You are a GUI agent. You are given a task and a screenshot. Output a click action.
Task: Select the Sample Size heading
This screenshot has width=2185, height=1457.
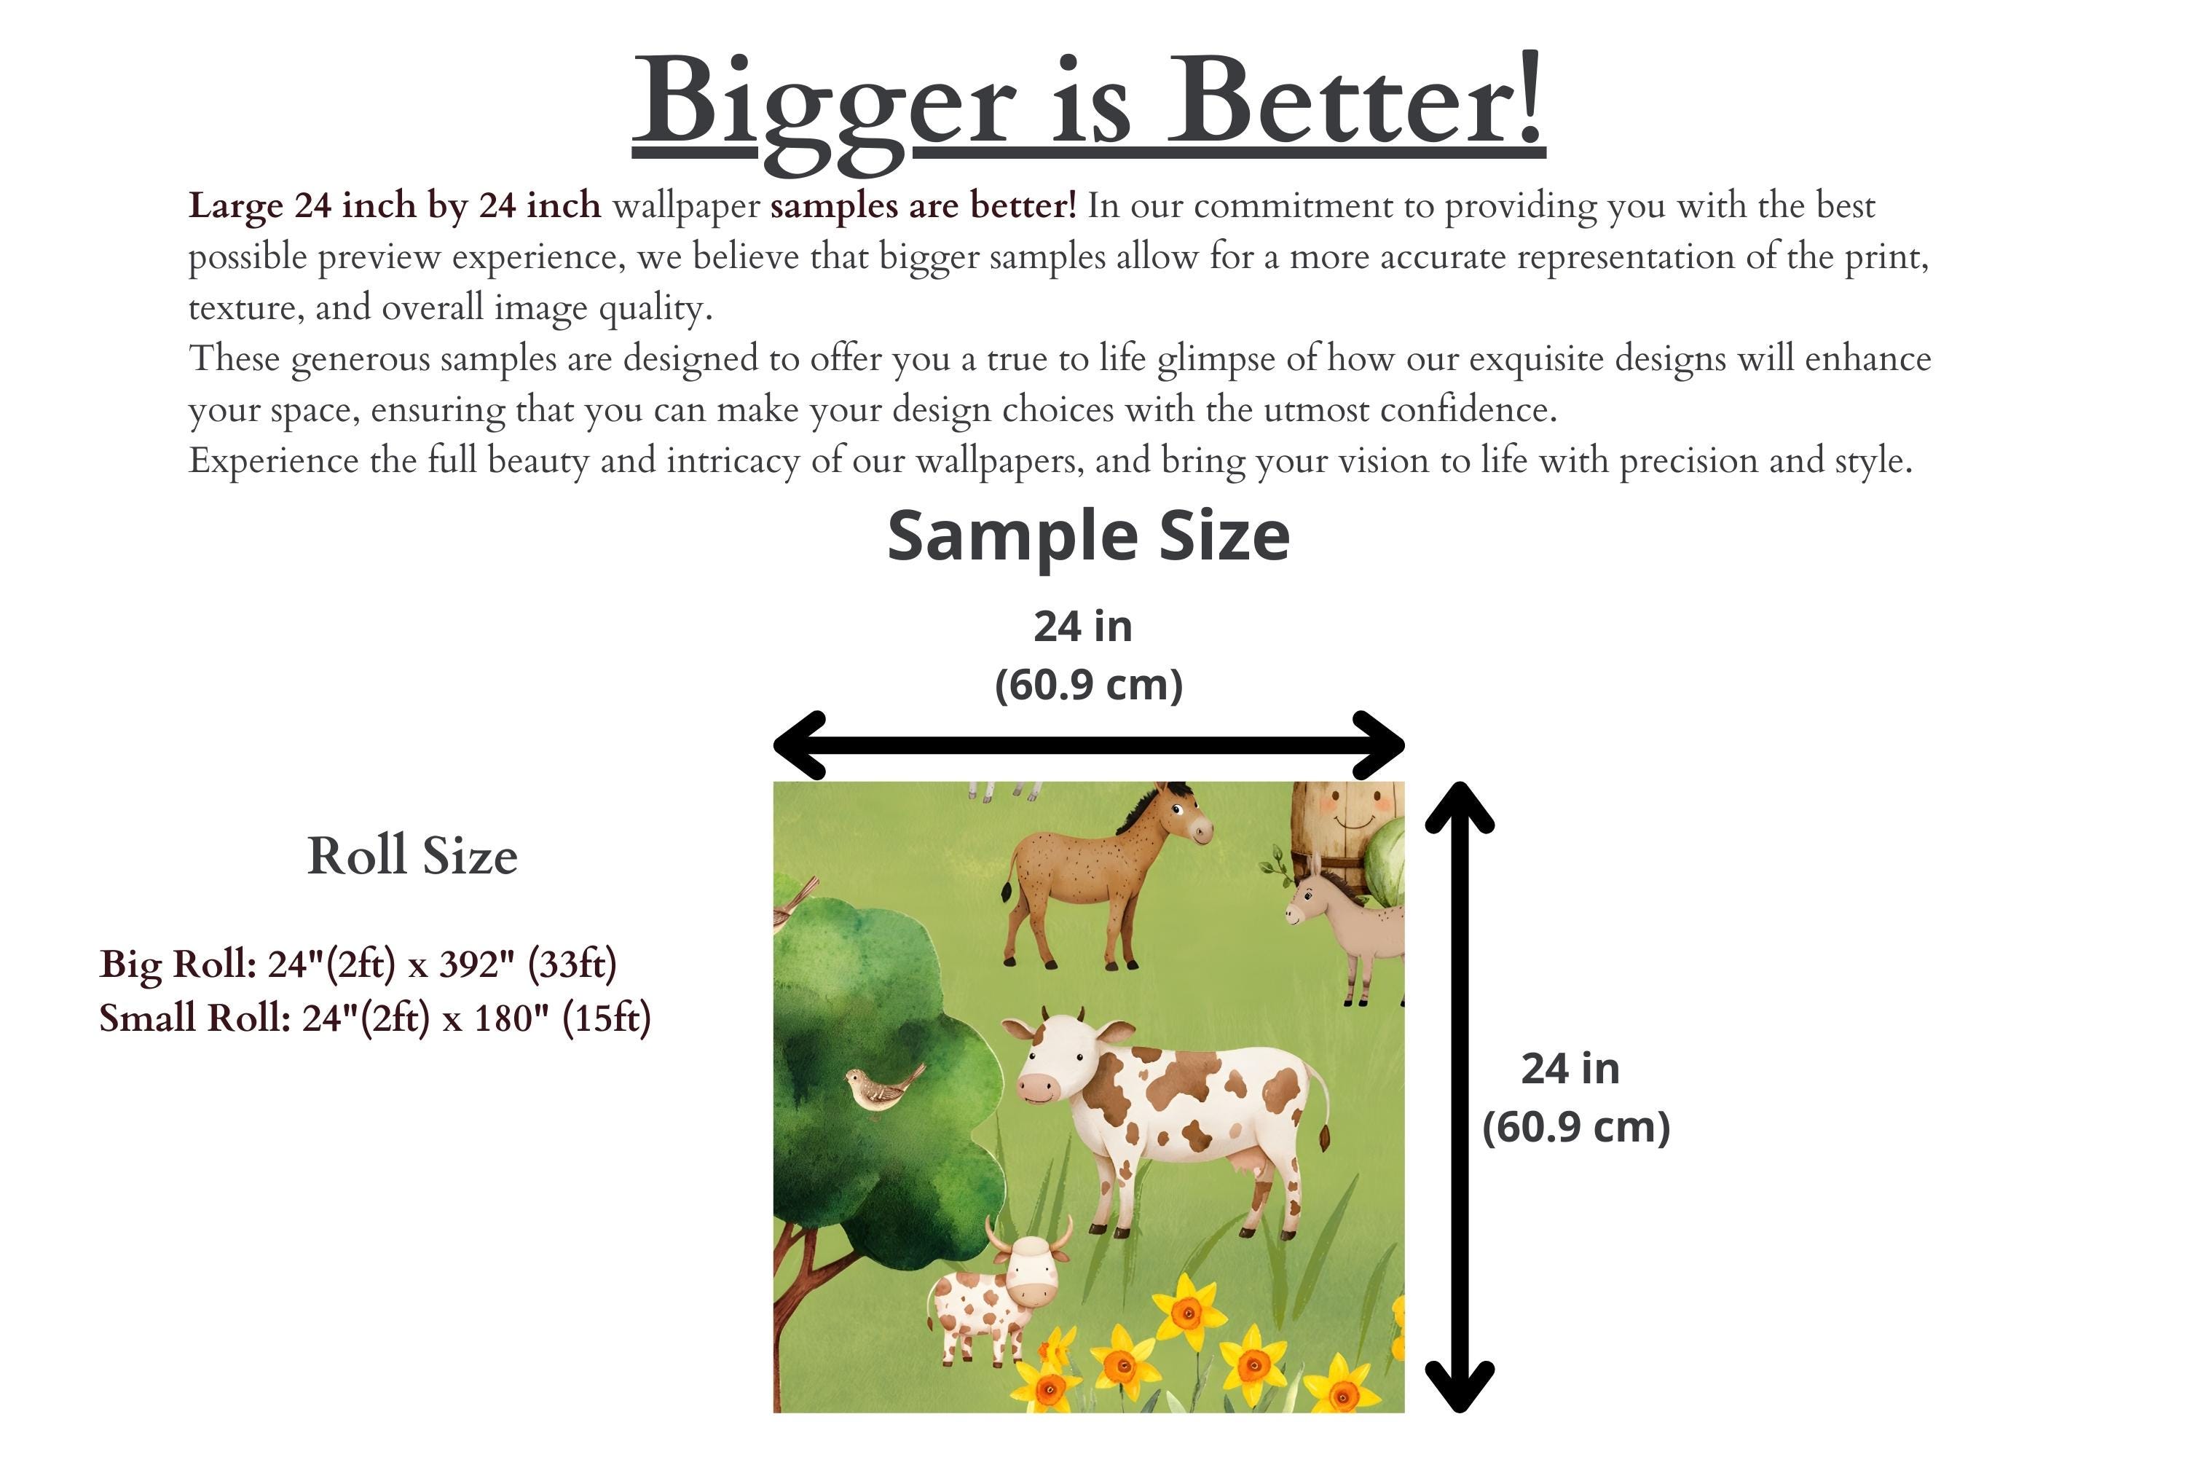(x=1088, y=536)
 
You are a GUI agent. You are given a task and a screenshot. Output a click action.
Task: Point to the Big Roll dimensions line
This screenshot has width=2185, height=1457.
(x=358, y=964)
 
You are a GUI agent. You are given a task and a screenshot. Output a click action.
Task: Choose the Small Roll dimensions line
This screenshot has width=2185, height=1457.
(x=375, y=1018)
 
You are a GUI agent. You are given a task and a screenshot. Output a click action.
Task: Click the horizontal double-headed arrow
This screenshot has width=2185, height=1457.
(x=1089, y=745)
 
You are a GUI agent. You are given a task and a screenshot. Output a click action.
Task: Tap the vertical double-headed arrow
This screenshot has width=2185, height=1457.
(x=1460, y=1097)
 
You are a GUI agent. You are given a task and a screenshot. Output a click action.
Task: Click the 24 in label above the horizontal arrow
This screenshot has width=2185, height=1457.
(x=1083, y=627)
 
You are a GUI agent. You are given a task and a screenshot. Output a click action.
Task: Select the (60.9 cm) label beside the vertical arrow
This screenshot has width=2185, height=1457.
(x=1575, y=1127)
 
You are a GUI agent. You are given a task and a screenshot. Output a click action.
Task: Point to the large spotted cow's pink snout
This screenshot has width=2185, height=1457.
(x=1039, y=1087)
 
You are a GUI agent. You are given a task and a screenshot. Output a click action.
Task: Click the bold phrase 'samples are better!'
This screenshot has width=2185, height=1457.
(x=924, y=205)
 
